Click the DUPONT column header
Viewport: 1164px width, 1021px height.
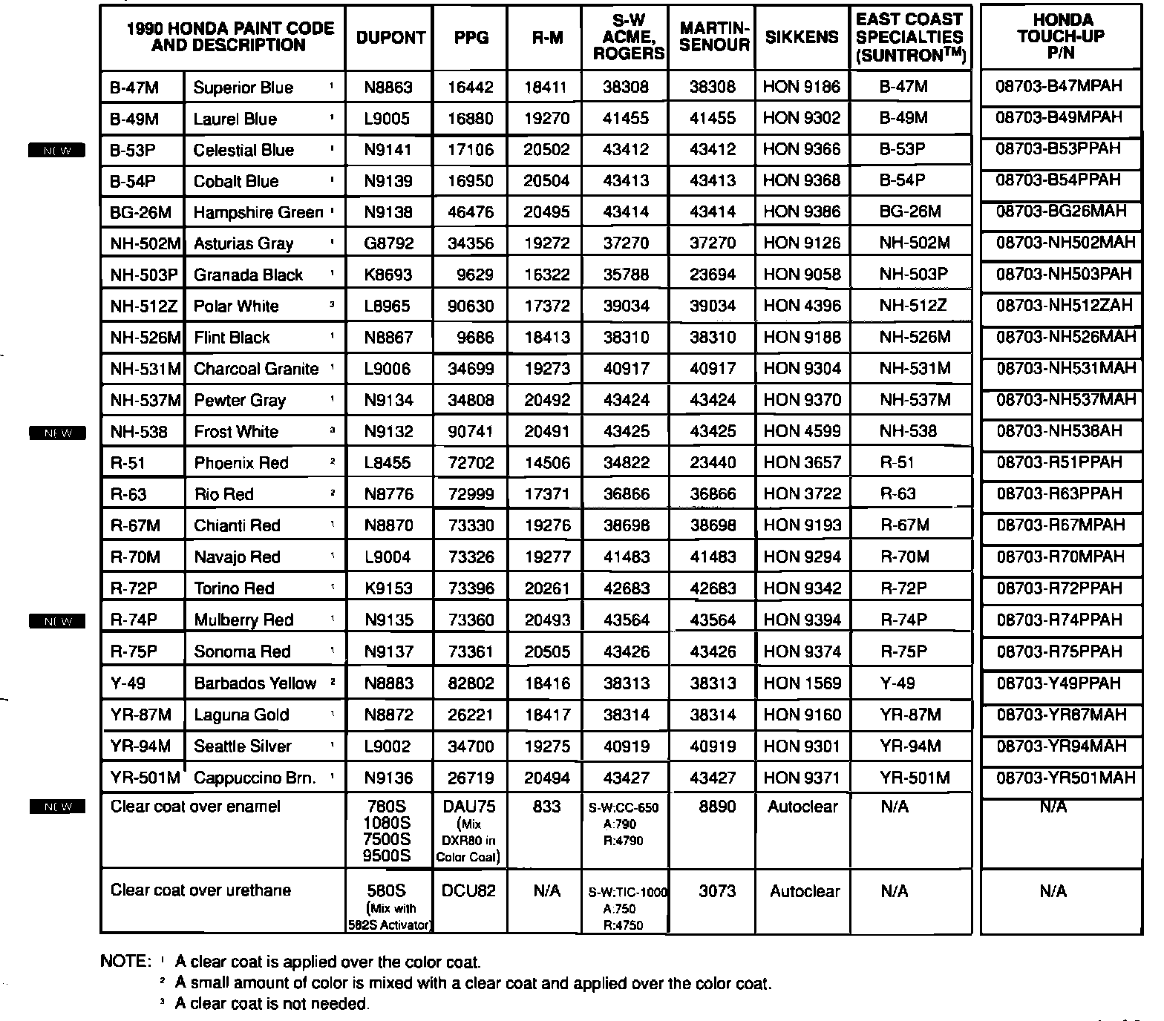tap(390, 37)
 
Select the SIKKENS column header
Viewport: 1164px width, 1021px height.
tap(802, 37)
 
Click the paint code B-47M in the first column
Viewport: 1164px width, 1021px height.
tap(134, 88)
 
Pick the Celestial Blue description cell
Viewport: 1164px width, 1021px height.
tap(243, 150)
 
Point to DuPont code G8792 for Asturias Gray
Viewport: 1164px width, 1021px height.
tap(388, 243)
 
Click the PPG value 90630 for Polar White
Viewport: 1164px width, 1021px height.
tap(471, 306)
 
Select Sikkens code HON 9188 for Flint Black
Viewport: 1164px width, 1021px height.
tap(802, 338)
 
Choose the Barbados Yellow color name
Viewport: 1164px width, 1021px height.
tap(255, 683)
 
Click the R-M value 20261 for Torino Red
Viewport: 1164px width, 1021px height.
tap(547, 588)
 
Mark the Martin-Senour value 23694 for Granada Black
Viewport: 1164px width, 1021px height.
tap(713, 275)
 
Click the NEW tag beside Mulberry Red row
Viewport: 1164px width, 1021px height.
tap(57, 621)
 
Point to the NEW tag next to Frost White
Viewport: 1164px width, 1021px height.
tap(57, 433)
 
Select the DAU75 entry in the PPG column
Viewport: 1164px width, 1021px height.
tap(469, 807)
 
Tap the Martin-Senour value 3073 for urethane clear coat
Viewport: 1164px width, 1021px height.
tap(717, 890)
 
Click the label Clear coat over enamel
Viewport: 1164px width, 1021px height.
tap(195, 807)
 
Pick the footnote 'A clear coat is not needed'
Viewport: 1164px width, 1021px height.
tap(272, 1004)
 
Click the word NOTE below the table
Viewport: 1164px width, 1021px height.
tap(124, 962)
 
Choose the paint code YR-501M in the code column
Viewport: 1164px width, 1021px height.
tap(145, 778)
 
